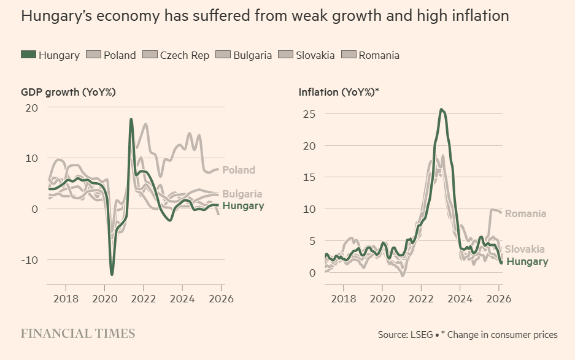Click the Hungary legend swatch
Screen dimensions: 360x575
28,55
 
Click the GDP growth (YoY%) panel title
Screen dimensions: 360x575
69,92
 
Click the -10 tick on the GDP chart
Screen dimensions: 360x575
29,259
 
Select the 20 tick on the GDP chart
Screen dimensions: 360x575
31,107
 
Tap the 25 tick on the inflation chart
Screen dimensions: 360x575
309,113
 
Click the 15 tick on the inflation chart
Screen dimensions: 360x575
309,177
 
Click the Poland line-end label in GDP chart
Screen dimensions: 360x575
239,170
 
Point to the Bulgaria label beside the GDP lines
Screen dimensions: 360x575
242,194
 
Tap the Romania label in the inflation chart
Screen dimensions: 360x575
525,213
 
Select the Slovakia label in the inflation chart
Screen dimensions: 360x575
525,249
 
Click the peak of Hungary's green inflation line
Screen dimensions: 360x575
441,109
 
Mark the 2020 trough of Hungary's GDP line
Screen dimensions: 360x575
112,274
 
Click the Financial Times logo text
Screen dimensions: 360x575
78,334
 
